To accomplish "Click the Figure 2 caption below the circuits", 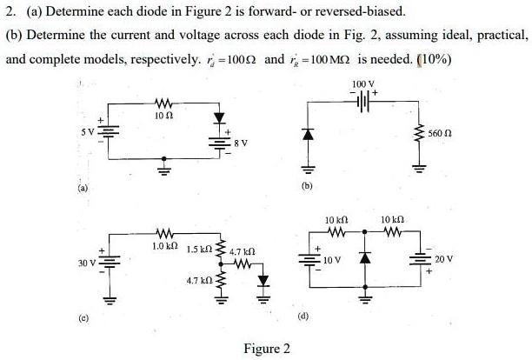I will pos(266,349).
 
